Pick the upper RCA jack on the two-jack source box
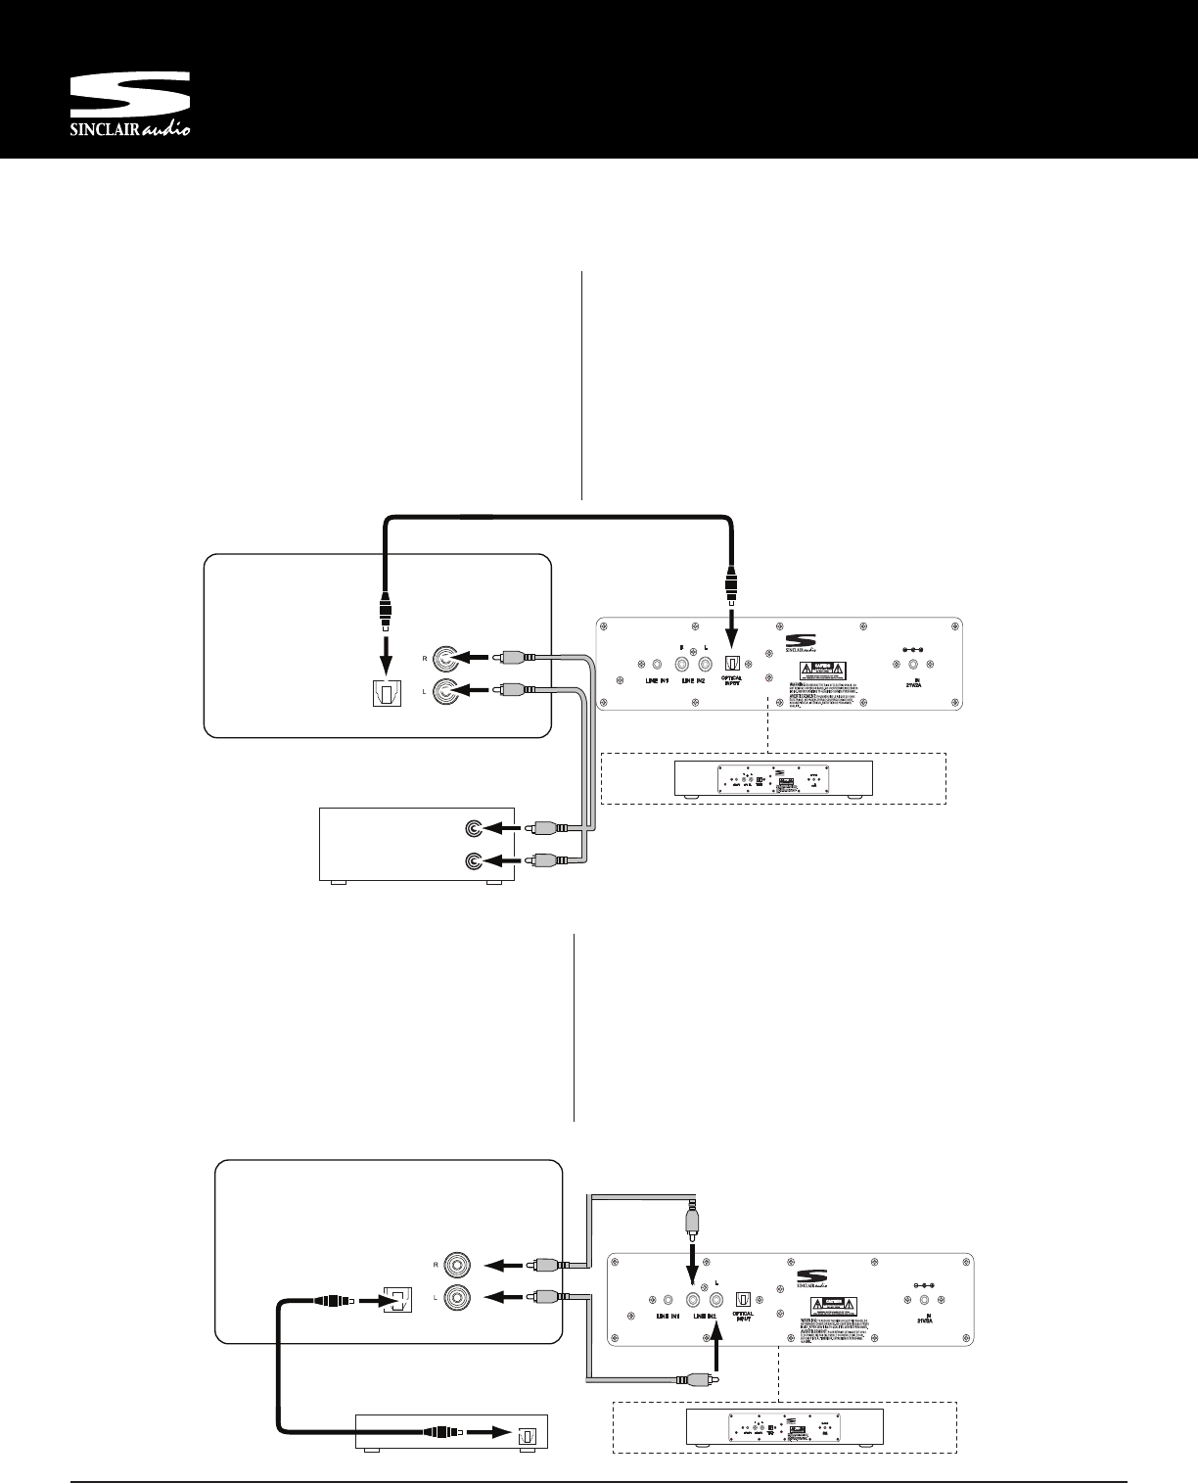[475, 828]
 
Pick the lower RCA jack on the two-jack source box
[475, 861]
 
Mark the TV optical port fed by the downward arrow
[386, 693]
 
